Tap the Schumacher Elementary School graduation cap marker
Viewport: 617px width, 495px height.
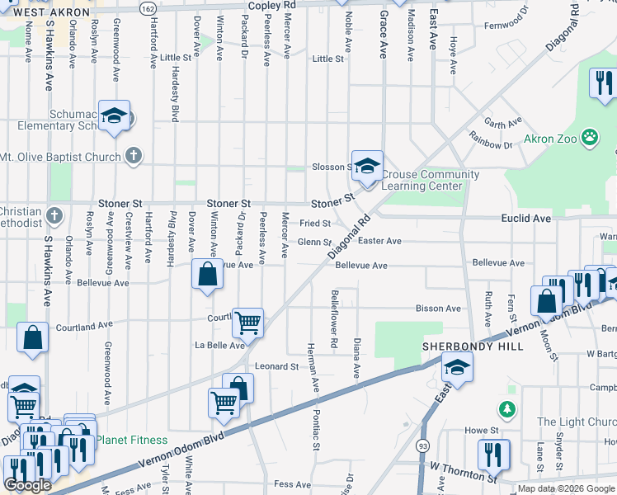coord(115,116)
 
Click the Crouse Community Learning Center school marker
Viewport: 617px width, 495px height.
coord(367,165)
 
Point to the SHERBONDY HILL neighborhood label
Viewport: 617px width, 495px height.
coord(473,346)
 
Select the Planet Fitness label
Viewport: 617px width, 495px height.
coord(131,441)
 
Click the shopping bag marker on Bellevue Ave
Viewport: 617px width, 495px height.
coord(207,274)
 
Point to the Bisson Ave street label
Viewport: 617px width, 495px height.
coord(438,309)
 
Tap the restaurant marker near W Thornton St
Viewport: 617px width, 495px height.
coord(493,454)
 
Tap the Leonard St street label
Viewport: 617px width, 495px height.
coord(276,366)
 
